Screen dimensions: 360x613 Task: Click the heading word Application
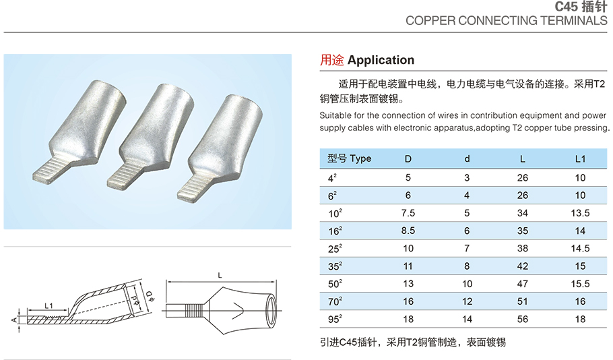(381, 61)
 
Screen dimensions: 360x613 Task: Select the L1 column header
(580, 159)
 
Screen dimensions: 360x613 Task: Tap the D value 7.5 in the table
(408, 212)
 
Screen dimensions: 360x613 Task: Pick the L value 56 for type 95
(523, 319)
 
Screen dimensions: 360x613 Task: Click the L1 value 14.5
(580, 248)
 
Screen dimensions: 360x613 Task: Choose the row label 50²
(335, 283)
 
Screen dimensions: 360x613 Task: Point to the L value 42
(523, 266)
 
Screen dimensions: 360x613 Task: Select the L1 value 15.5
(580, 283)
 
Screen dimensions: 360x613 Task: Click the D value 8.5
(408, 230)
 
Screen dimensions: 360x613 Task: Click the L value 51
(523, 301)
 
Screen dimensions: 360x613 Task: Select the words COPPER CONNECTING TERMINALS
(506, 20)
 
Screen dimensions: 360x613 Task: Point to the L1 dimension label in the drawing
(49, 306)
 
